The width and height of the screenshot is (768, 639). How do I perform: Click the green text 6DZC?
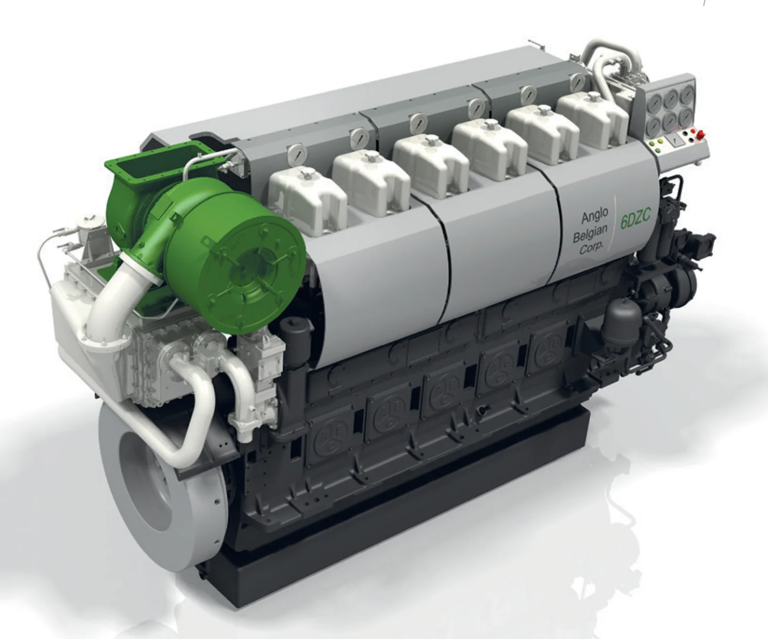[x=635, y=219]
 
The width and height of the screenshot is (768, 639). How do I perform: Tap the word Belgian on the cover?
[x=590, y=234]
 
